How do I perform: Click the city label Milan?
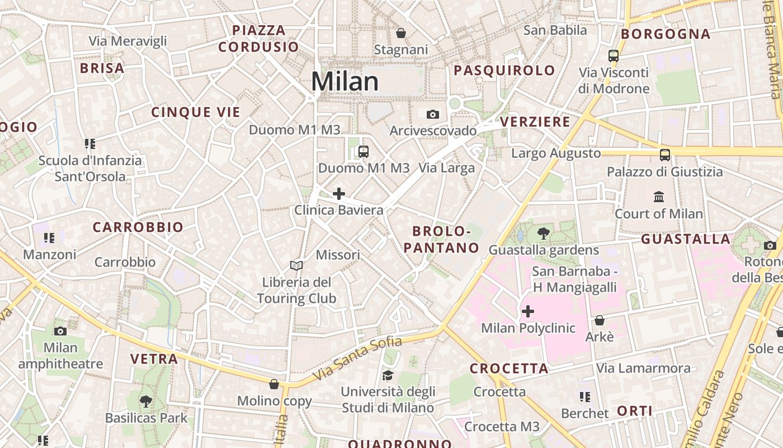(345, 82)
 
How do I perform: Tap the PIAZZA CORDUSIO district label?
(259, 39)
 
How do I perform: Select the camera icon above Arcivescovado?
(433, 115)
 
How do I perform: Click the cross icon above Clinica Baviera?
(339, 194)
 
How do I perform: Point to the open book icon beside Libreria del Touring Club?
(296, 265)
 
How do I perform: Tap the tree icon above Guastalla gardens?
(543, 233)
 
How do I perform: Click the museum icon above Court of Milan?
(659, 197)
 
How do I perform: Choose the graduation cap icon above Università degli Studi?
(388, 375)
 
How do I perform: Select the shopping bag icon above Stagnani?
(401, 33)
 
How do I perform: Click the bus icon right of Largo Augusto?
(665, 155)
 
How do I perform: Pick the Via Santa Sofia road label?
(358, 358)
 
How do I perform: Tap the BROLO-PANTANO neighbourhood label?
(446, 239)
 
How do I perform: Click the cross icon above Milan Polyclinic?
(528, 311)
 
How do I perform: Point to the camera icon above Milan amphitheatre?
(60, 331)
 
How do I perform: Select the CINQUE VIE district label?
(196, 112)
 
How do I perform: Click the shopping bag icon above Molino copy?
(274, 384)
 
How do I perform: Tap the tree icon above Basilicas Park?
(146, 401)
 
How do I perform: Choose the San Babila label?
(555, 30)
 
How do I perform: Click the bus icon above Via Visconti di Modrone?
(614, 55)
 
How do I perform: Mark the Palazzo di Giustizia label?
(665, 172)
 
